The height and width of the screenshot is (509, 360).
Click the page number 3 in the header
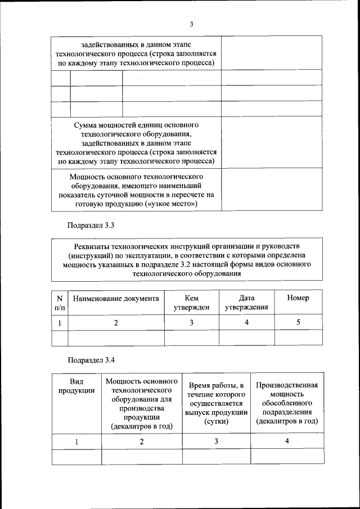point(191,24)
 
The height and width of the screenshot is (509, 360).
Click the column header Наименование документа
point(116,298)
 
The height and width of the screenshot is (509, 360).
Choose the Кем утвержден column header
point(191,303)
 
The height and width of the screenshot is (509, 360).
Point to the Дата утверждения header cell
point(246,303)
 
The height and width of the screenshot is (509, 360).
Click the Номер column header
point(298,298)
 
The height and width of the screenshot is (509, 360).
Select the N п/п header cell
point(60,303)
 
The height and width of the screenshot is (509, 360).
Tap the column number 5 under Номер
point(298,323)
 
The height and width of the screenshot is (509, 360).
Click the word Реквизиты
point(94,246)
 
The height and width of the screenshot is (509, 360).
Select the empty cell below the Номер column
point(298,337)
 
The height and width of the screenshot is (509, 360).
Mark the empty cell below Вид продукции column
point(76,456)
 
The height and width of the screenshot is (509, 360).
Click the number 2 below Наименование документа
point(116,323)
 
